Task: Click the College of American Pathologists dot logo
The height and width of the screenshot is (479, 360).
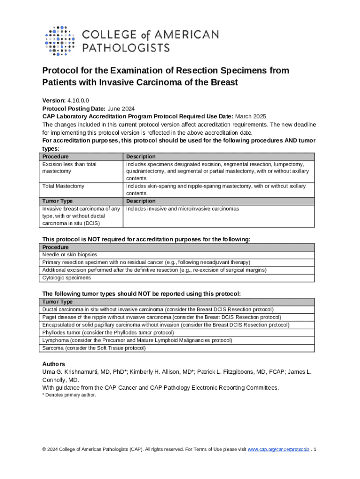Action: click(x=59, y=40)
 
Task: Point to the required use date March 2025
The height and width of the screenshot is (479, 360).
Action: click(x=251, y=116)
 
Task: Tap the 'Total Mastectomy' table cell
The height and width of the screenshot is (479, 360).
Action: click(x=63, y=186)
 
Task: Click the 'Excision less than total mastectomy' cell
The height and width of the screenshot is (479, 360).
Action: click(x=69, y=168)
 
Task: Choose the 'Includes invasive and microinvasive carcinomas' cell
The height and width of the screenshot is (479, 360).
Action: click(x=182, y=209)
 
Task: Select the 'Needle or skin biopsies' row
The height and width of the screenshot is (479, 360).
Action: click(x=70, y=255)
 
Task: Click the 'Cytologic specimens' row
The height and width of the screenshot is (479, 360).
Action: click(x=66, y=277)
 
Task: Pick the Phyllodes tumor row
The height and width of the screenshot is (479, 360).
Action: click(x=108, y=333)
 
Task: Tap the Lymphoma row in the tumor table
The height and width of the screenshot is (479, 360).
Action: click(x=137, y=341)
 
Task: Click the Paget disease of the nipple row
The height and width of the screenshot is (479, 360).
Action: click(x=161, y=317)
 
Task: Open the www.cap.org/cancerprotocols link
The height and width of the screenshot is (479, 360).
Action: click(x=278, y=450)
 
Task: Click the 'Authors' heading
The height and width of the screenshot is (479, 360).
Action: click(x=54, y=364)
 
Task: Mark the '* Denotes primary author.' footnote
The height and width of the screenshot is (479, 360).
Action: click(x=69, y=395)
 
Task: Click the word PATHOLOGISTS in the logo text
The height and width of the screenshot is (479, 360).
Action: click(x=126, y=47)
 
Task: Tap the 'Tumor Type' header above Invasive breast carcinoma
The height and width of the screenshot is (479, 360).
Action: click(x=58, y=201)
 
